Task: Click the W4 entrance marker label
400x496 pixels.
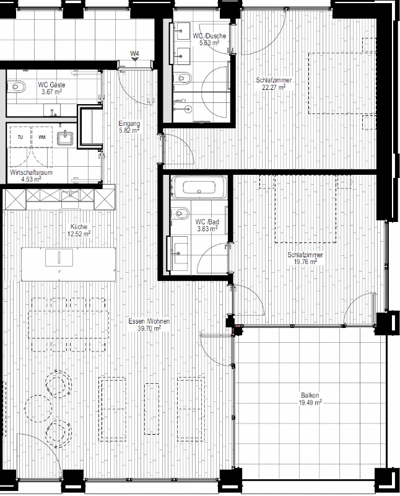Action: (135, 53)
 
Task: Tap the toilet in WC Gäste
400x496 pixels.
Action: (17, 87)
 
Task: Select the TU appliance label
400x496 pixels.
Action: (20, 137)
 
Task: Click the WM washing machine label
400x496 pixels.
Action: (41, 137)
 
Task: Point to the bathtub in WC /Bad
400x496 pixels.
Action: (199, 187)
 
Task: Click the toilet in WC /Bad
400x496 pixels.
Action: (180, 213)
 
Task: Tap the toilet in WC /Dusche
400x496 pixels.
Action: (183, 77)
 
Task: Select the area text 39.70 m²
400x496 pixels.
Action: (149, 329)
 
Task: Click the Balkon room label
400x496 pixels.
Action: (310, 395)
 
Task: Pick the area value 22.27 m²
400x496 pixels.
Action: (274, 87)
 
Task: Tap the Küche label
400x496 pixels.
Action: (79, 226)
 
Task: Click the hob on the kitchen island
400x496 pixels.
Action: (59, 257)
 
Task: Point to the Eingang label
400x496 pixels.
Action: (129, 123)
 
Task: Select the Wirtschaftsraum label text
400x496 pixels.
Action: (31, 173)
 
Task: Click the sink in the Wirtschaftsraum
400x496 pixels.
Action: (65, 138)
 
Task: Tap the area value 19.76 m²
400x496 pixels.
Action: (305, 262)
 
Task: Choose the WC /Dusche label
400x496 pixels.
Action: (209, 36)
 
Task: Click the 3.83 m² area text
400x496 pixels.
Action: (207, 229)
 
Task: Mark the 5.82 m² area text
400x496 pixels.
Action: (129, 130)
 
